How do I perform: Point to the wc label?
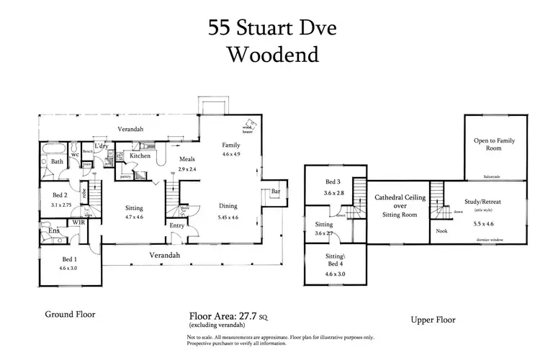coord(74,154)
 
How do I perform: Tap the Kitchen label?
coord(139,156)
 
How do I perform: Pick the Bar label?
coord(275,191)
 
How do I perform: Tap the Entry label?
coord(177,225)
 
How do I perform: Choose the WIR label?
coord(79,224)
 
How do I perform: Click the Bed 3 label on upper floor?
coord(331,182)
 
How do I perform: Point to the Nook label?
coord(442,231)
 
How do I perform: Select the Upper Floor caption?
coord(433,319)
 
